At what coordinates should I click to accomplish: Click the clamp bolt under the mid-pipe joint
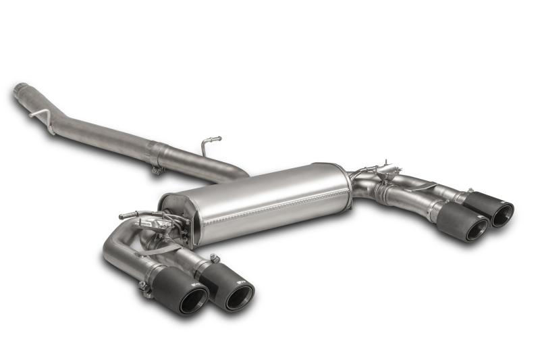pyautogui.click(x=157, y=170)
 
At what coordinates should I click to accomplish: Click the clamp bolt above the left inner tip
pyautogui.click(x=215, y=258)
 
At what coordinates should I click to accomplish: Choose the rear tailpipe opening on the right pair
pyautogui.click(x=502, y=214)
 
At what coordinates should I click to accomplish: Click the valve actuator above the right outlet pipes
pyautogui.click(x=386, y=169)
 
